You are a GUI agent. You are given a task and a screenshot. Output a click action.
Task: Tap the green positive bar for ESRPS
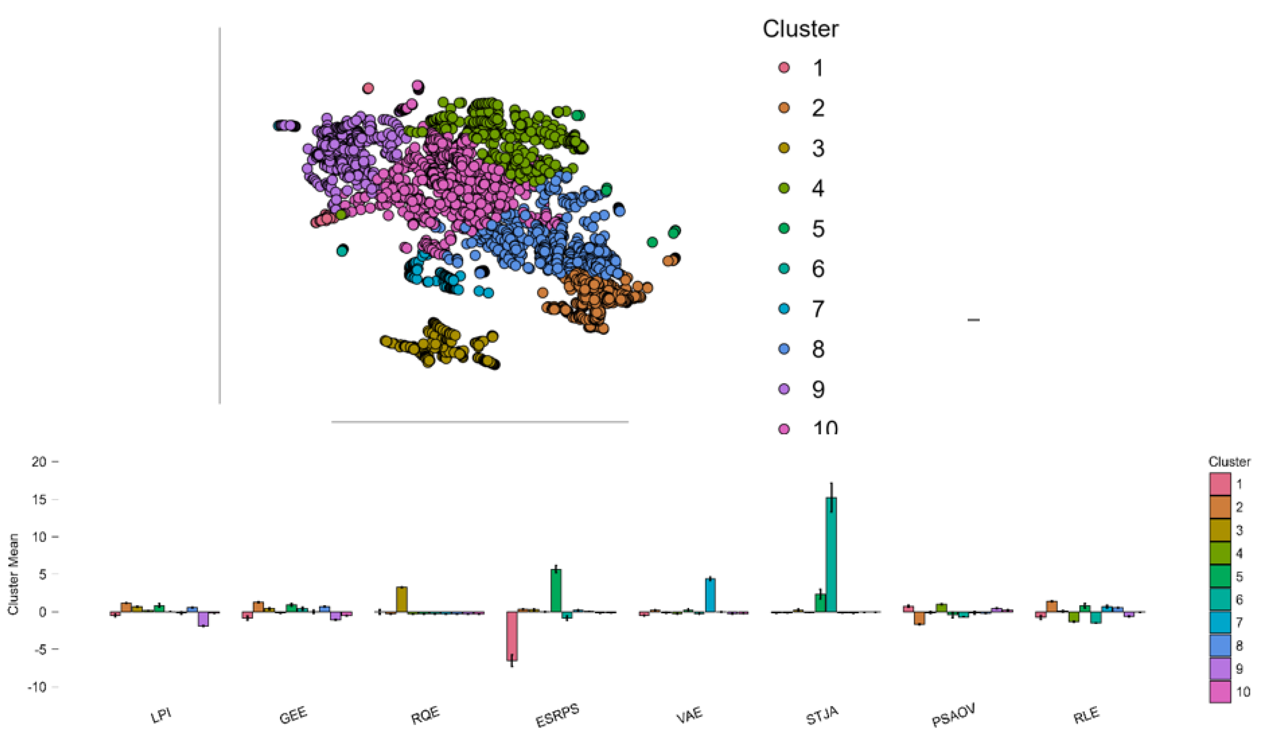click(555, 590)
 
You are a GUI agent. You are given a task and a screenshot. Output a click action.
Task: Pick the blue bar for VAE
click(710, 595)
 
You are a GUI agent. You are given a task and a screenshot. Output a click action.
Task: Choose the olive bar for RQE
click(401, 599)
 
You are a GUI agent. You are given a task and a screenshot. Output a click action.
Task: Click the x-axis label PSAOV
click(954, 714)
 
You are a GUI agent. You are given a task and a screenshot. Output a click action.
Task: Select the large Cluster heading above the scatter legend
click(800, 29)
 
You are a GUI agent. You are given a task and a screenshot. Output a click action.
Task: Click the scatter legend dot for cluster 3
click(784, 148)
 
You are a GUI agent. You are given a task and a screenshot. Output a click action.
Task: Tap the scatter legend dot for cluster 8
click(784, 349)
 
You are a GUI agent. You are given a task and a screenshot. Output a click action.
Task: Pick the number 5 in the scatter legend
click(817, 229)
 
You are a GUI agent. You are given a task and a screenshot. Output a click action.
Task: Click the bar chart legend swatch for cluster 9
click(1220, 669)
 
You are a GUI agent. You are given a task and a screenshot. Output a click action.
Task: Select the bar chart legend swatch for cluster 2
click(1220, 507)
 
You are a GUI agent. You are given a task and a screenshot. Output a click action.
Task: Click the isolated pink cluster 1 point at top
click(368, 89)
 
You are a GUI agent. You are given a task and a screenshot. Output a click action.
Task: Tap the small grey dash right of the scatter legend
click(973, 320)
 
